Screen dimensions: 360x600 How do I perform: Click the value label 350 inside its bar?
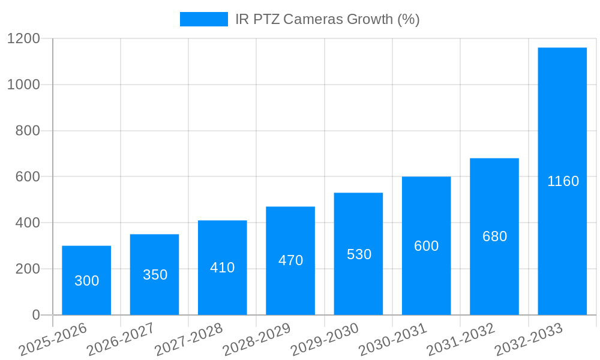tap(155, 275)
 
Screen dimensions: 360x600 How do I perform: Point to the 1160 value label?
tap(563, 181)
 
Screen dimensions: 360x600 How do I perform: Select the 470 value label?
tap(290, 260)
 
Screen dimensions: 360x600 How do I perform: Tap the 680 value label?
tap(494, 236)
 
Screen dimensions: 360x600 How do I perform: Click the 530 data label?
tap(359, 254)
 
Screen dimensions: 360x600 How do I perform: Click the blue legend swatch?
tap(204, 19)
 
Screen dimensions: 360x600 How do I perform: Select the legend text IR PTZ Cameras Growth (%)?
tap(327, 19)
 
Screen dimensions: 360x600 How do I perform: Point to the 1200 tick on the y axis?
tap(23, 39)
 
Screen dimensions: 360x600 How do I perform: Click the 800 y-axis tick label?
tap(28, 131)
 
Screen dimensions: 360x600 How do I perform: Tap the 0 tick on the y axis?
tap(35, 315)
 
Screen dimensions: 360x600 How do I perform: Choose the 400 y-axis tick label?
tap(28, 223)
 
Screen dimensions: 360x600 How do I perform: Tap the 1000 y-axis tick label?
tap(23, 85)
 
